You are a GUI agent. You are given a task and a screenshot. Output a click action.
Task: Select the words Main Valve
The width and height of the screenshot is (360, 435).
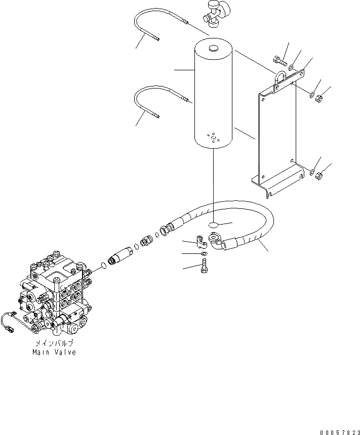(55, 352)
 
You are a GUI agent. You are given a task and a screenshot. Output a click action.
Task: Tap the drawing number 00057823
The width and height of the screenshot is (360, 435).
(339, 432)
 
